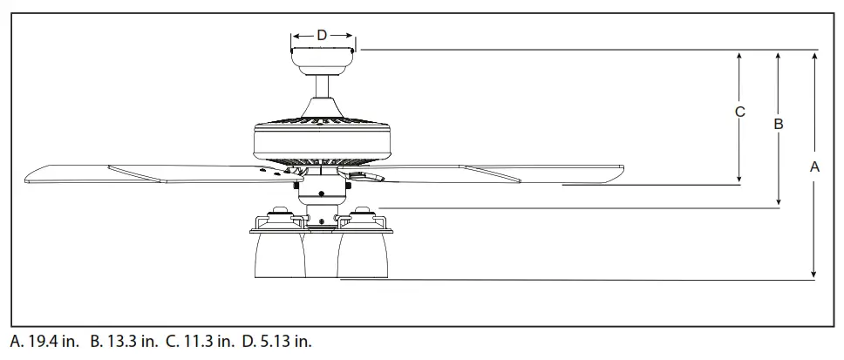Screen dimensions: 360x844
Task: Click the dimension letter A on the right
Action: tap(814, 166)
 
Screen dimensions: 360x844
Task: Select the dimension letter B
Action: tap(779, 124)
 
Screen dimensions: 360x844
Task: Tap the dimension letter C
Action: tap(739, 112)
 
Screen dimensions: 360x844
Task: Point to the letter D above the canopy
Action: tap(322, 35)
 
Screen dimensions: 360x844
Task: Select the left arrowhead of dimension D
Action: tap(295, 36)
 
